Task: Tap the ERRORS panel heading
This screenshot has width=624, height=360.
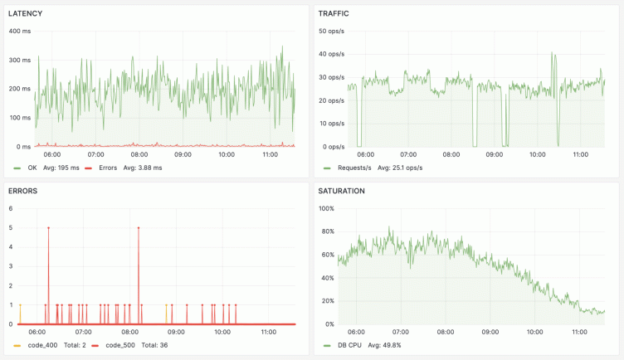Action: coord(24,191)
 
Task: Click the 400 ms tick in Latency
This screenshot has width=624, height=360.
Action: coord(19,31)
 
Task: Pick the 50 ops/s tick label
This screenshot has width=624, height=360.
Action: coord(331,31)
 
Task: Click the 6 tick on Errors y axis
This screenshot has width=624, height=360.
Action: coord(11,208)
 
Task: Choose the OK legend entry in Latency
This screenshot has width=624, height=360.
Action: coord(32,168)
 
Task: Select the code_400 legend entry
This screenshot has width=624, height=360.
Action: coord(43,344)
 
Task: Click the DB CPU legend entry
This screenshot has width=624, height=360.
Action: coord(349,344)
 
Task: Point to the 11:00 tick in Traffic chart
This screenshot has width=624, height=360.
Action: coord(580,153)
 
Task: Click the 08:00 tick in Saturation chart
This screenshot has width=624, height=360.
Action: coord(451,331)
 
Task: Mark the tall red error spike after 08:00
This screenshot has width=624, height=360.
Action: coord(139,227)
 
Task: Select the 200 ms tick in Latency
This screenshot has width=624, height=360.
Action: coord(19,89)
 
